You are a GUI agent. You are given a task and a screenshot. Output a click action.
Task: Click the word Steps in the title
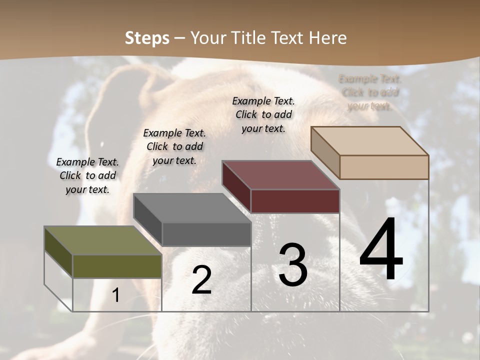pos(147,38)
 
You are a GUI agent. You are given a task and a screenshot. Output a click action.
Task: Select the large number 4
pos(381,249)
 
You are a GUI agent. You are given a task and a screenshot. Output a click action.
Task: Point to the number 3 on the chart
pos(293,264)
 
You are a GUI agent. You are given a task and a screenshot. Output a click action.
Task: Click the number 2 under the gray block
pos(201,280)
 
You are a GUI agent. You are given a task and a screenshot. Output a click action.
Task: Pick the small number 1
pos(116,295)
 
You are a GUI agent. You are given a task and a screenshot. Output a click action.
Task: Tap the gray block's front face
pos(206,234)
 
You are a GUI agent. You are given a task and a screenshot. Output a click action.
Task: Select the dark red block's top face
pos(280,175)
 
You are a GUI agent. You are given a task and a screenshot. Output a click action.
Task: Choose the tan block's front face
pos(384,167)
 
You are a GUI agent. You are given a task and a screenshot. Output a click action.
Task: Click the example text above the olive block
pos(87,175)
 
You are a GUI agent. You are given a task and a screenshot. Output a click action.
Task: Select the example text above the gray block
pos(174,146)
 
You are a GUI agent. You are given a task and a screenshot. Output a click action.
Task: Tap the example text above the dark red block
pos(263,114)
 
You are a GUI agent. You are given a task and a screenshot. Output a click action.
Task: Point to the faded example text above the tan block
pos(369,92)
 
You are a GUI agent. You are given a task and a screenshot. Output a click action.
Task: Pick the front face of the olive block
pos(117,266)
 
